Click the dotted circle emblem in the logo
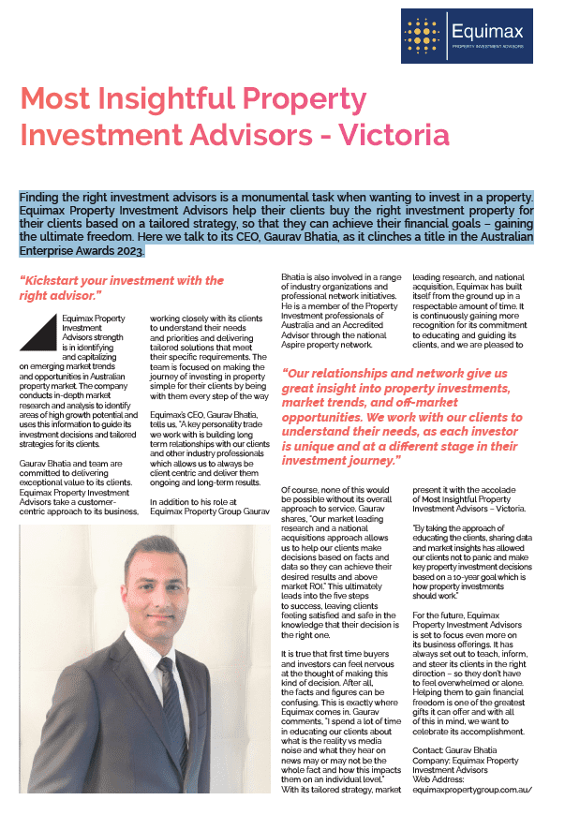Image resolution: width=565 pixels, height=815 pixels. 424,37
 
